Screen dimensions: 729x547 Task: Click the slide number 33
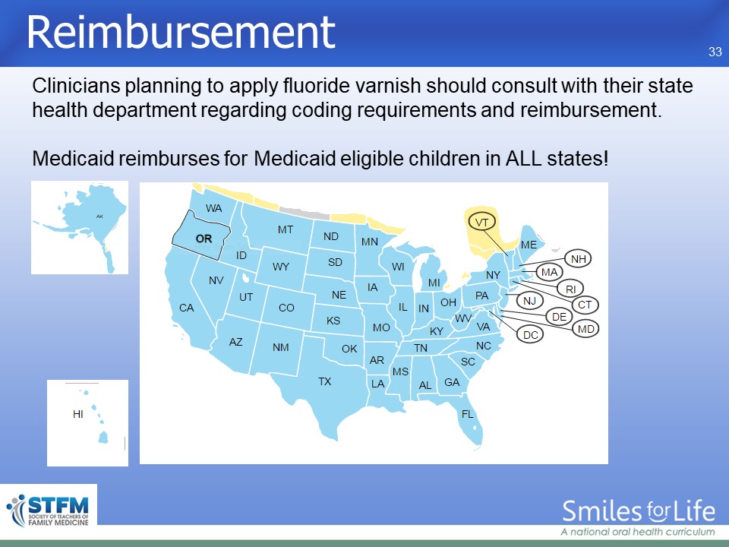click(x=715, y=52)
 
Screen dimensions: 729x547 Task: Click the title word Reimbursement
click(x=181, y=32)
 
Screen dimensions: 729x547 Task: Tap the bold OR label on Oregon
click(x=204, y=239)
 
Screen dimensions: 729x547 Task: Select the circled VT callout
click(x=481, y=222)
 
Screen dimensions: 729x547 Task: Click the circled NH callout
click(x=578, y=258)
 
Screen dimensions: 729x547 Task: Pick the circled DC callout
click(x=530, y=334)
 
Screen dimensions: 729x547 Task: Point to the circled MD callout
click(x=585, y=329)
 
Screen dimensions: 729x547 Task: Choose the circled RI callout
click(x=570, y=289)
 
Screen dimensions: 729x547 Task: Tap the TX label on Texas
click(x=324, y=381)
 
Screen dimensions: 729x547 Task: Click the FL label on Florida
click(x=467, y=414)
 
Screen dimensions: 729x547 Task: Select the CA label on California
click(x=187, y=308)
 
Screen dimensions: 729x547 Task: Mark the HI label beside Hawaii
click(x=78, y=414)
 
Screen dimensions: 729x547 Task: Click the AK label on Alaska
click(x=99, y=217)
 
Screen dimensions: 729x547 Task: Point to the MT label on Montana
click(x=286, y=229)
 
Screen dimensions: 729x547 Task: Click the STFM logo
click(x=49, y=511)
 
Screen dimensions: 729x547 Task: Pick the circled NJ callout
click(x=529, y=301)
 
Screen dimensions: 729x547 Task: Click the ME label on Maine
click(x=529, y=245)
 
